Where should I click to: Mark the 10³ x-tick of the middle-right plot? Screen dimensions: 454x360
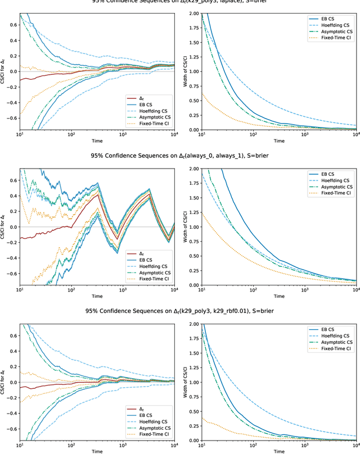point(304,291)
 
